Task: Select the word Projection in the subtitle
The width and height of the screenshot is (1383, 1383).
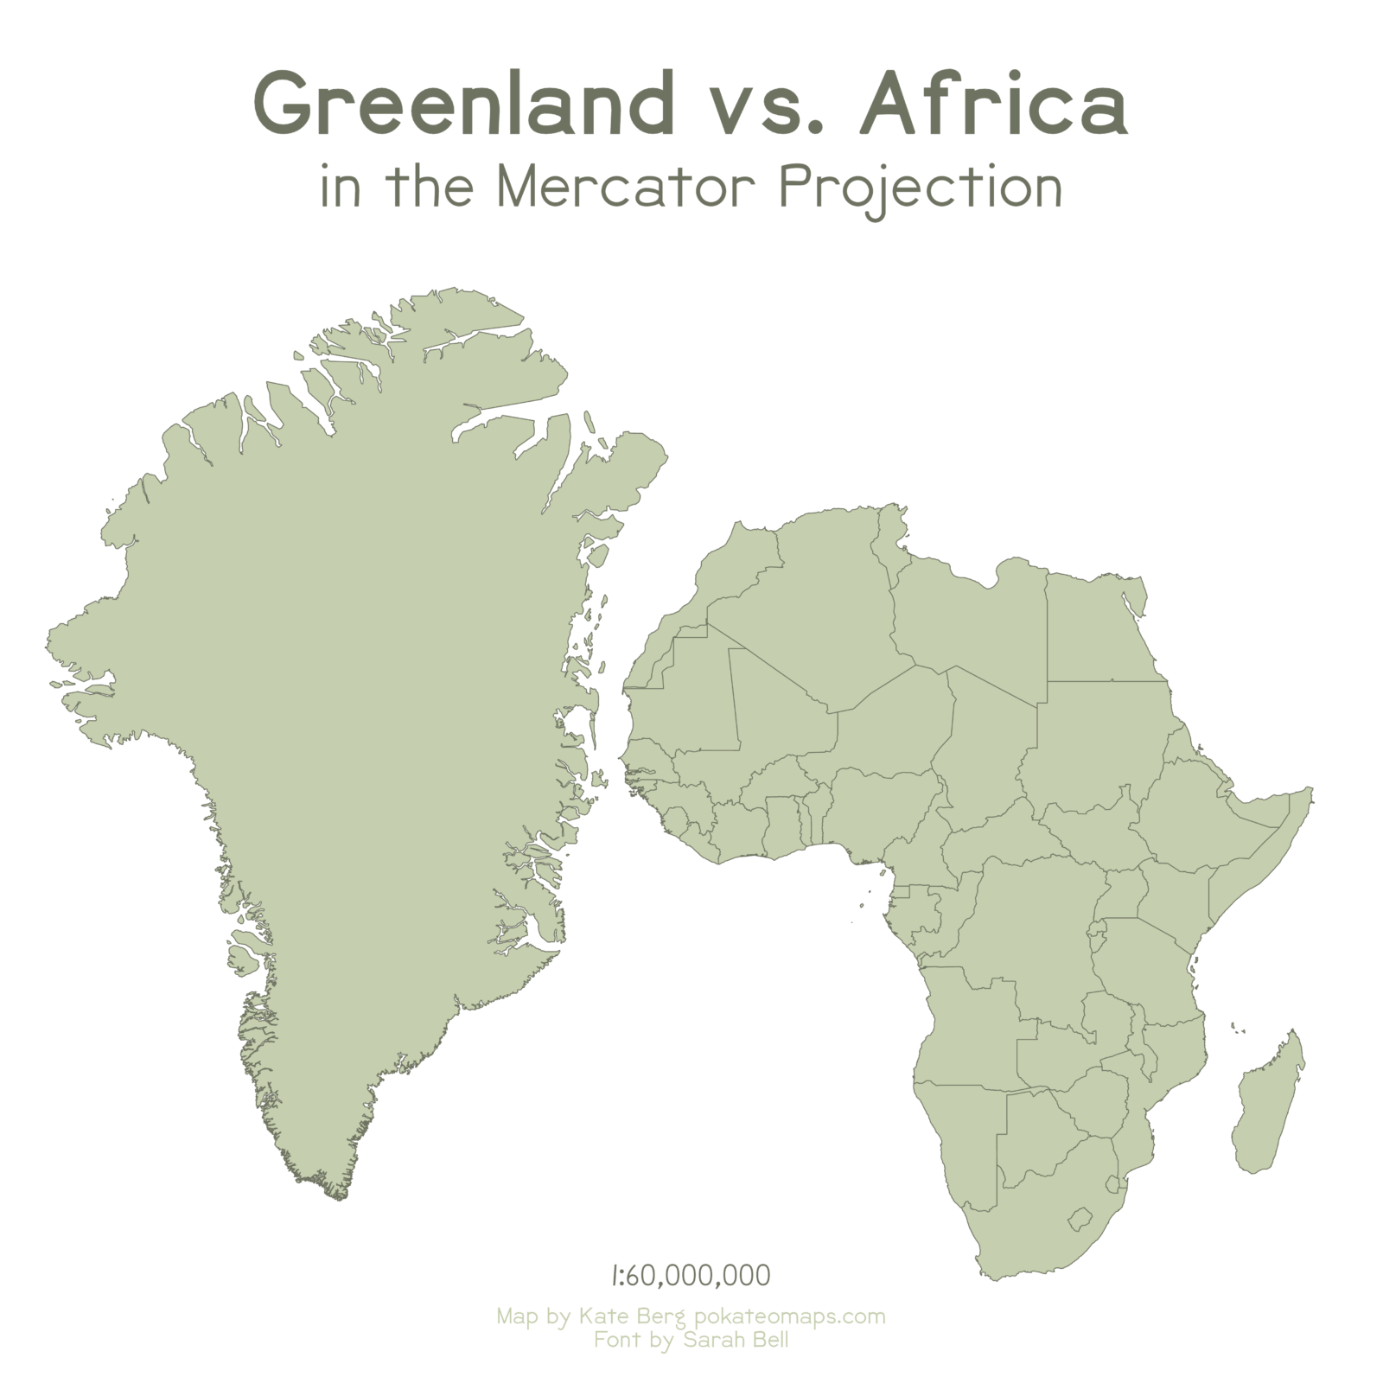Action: pos(921,186)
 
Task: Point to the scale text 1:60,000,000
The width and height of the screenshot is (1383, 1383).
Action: pos(691,1275)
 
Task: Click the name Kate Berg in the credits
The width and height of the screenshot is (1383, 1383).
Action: pos(632,1316)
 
